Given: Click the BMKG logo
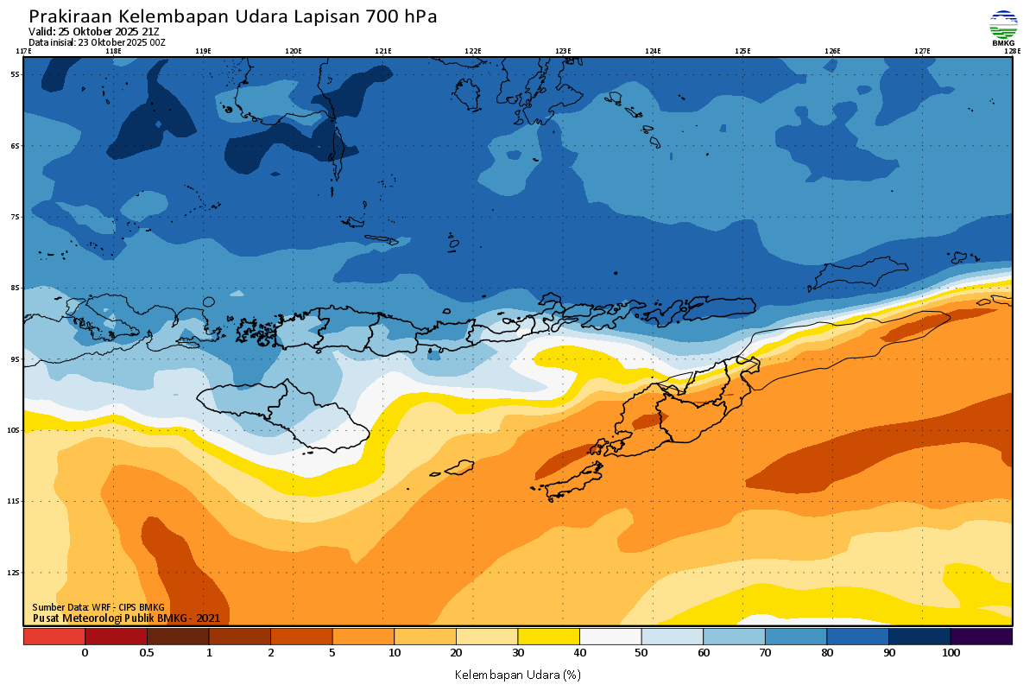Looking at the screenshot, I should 1003,28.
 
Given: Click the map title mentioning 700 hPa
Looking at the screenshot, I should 233,16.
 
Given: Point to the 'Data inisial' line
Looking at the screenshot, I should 97,41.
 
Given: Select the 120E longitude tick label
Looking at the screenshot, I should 294,51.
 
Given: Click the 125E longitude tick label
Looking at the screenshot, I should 742,51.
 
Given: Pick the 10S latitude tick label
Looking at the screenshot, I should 15,430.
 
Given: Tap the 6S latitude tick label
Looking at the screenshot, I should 15,146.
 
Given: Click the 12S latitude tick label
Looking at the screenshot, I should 15,572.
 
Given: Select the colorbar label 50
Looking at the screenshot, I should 641,653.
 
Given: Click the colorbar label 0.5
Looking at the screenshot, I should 147,653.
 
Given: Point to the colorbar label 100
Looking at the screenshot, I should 951,653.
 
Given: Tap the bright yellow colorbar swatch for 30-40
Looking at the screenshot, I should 548,637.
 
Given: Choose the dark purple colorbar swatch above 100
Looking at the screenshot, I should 981,637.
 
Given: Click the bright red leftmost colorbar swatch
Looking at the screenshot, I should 54,637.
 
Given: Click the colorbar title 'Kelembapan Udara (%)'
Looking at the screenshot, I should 517,675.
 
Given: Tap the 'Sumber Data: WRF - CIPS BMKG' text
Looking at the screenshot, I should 98,607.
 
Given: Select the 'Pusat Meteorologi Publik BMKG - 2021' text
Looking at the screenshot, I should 126,618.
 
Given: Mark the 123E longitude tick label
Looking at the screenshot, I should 563,51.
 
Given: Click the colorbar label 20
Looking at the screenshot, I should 456,653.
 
